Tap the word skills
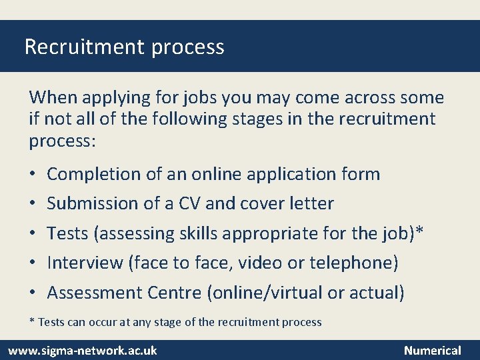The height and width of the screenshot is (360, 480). coord(199,233)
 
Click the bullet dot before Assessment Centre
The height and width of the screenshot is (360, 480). coord(33,293)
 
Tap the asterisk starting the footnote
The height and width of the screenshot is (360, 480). coord(32,321)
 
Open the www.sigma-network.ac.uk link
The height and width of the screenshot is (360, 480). coord(83,350)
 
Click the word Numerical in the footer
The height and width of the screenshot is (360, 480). coord(432,350)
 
